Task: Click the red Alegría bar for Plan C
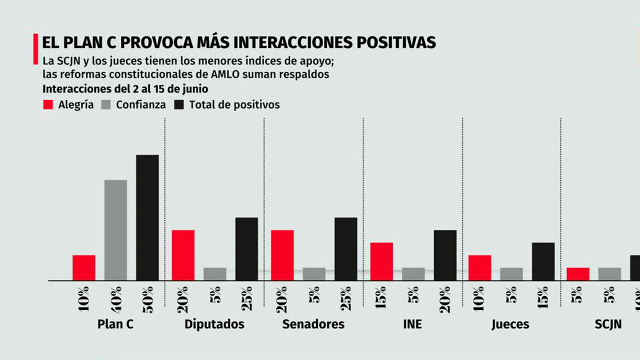[83, 267]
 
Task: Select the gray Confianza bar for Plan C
[115, 230]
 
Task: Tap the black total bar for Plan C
[147, 217]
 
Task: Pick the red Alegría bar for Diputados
[183, 255]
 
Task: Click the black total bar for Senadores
[346, 248]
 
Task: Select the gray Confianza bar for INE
[413, 274]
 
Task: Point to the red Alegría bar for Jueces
[480, 267]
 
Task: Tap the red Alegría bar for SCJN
[578, 274]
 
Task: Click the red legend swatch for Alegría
[48, 105]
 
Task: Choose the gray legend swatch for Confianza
[106, 105]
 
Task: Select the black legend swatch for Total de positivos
[179, 105]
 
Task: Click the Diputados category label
[214, 324]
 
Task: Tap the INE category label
[412, 324]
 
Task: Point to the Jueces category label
[510, 324]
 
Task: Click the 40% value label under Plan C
[115, 298]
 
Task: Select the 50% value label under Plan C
[147, 298]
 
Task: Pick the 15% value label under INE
[381, 298]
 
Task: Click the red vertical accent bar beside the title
[35, 49]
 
